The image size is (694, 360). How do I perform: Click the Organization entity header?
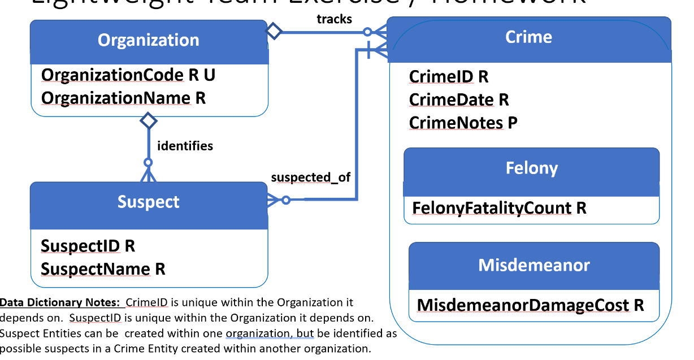click(x=149, y=41)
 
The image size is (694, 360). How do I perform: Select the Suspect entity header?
click(x=149, y=202)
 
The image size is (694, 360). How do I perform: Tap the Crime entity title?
click(x=528, y=37)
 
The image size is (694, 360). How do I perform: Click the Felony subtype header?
click(x=531, y=168)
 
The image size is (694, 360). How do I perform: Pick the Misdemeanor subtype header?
click(x=533, y=265)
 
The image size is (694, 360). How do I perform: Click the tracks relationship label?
click(x=334, y=19)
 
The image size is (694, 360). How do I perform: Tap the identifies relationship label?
click(x=185, y=146)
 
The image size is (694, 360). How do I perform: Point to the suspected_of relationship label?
click(x=310, y=177)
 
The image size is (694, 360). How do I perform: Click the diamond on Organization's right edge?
click(x=274, y=31)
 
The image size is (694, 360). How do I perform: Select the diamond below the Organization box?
click(x=148, y=120)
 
